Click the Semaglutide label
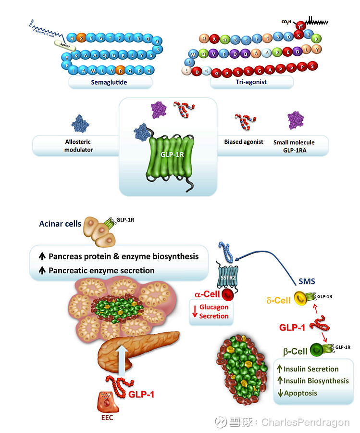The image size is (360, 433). (111, 83)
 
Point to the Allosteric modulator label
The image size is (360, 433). (79, 146)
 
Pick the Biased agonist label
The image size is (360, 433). (240, 142)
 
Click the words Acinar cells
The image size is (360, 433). (60, 224)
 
